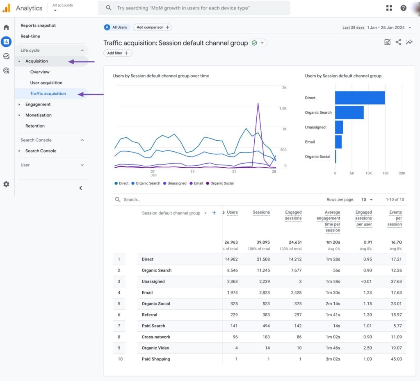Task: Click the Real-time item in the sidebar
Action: coord(30,36)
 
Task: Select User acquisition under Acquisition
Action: coord(46,82)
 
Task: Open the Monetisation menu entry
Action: coord(38,115)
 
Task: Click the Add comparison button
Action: coord(152,27)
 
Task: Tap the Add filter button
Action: coord(118,53)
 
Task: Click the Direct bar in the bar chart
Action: coord(360,98)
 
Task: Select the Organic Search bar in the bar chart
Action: coord(349,112)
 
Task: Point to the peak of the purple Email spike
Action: coord(258,103)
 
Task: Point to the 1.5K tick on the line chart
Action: coord(283,108)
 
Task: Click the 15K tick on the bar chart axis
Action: coord(385,173)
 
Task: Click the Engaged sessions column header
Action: coord(293,215)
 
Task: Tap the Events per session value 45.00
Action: coord(396,359)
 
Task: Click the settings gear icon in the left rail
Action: coord(6,185)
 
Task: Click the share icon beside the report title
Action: coord(398,42)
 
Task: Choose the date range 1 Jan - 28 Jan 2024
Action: coord(386,27)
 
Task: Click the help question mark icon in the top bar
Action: coord(404,8)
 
